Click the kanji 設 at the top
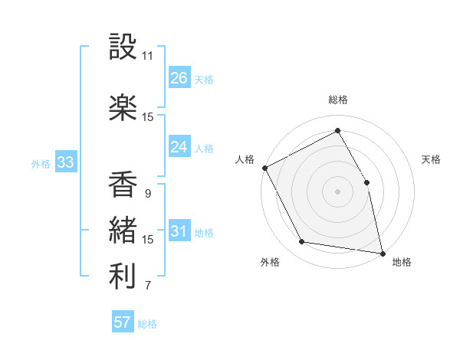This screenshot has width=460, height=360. point(123,48)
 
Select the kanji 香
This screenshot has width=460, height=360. point(123,185)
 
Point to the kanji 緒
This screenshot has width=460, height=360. point(123,230)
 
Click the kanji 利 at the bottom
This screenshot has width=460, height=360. point(123,276)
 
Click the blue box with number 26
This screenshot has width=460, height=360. point(179,77)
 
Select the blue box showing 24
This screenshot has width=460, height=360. point(179,147)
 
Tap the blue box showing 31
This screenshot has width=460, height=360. point(179,231)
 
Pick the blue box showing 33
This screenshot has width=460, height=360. point(65,162)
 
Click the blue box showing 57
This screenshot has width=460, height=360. point(123,322)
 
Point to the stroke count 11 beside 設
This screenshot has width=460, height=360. point(147,56)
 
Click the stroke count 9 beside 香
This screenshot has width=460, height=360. point(147,194)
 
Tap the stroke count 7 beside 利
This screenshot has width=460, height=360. point(147,286)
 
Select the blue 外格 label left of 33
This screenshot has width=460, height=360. point(41,164)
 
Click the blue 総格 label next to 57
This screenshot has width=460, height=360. point(147,324)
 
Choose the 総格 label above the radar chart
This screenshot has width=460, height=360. point(338,100)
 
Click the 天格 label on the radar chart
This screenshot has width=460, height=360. point(432,159)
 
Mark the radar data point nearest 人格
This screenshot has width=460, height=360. point(264,168)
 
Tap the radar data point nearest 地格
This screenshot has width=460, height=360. point(382,253)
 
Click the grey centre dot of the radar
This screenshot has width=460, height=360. point(338,191)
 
